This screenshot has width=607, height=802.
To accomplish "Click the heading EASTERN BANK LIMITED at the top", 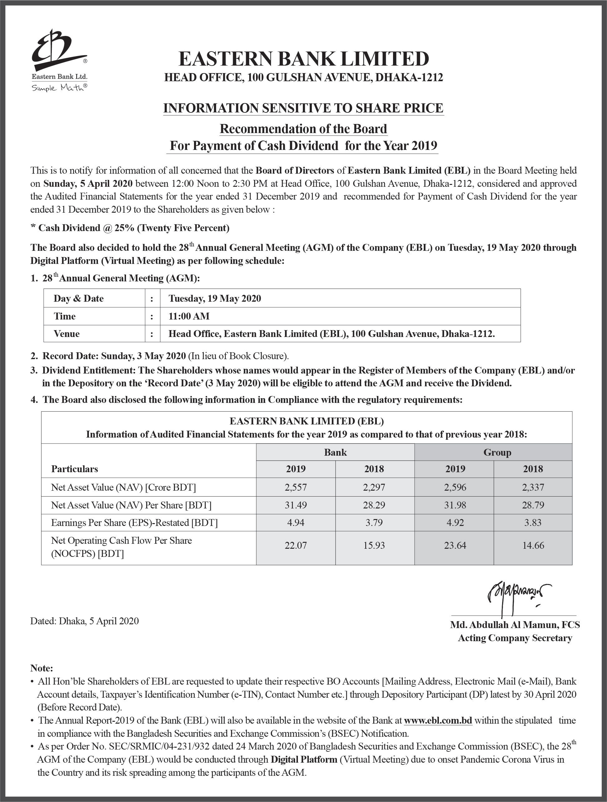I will (x=303, y=59).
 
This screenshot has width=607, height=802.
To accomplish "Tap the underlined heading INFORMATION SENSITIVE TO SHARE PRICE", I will (x=303, y=108).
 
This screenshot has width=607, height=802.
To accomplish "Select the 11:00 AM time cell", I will (x=189, y=316).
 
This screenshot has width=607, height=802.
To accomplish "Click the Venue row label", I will (x=67, y=334).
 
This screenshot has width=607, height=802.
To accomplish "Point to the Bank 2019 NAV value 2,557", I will (x=295, y=487).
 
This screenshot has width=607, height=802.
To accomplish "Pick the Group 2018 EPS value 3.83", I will (x=533, y=522).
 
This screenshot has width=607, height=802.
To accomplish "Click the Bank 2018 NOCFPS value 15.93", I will (x=374, y=545).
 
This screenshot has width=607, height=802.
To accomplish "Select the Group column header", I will (x=497, y=453).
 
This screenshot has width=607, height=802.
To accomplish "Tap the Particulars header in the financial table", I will (x=75, y=469).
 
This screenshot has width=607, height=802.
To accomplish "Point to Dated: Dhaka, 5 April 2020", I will (x=85, y=621).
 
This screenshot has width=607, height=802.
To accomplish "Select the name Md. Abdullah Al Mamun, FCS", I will (x=515, y=625).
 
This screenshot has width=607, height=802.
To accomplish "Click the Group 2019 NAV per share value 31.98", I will (x=455, y=505).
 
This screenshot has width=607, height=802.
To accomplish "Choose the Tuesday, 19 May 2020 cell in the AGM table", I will (x=215, y=298).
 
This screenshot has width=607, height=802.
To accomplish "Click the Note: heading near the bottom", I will (x=42, y=668).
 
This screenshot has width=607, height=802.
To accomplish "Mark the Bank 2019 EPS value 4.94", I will (x=295, y=522).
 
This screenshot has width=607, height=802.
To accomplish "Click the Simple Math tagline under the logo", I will (x=59, y=88).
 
